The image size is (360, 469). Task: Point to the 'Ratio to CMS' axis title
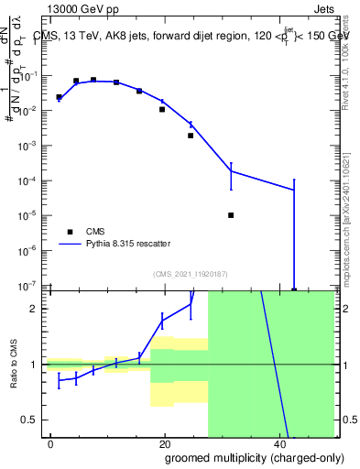15,365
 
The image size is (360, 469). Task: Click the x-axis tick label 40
278,443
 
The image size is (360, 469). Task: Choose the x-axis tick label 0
50,443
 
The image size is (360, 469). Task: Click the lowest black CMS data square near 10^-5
231,215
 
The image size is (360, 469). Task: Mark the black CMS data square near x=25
191,136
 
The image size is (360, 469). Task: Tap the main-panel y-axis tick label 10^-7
27,286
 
